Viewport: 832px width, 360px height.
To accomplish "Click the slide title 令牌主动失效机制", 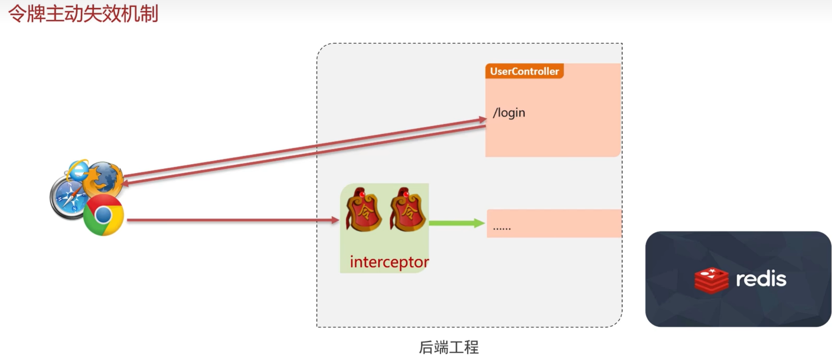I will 83,14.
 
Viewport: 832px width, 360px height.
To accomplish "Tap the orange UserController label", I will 524,71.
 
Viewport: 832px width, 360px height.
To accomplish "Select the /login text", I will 509,113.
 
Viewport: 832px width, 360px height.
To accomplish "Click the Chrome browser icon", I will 103,215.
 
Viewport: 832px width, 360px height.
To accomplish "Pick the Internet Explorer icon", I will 78,169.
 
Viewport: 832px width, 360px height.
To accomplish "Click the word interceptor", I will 389,262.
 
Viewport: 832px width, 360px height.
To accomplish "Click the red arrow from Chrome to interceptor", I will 230,220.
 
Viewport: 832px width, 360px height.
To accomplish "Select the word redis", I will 761,279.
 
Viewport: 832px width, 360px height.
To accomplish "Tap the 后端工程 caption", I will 449,347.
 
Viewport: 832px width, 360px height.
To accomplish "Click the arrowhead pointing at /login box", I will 482,119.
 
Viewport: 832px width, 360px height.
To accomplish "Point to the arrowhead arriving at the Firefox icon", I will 125,183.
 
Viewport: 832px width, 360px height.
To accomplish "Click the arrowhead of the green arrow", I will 479,223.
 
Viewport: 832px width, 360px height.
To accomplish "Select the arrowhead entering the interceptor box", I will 335,220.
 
